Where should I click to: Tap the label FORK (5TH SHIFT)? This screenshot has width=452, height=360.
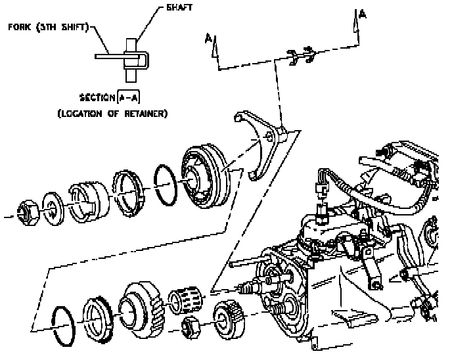49,29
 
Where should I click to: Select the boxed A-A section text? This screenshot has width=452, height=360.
129,98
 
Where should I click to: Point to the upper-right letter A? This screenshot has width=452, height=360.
362,14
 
